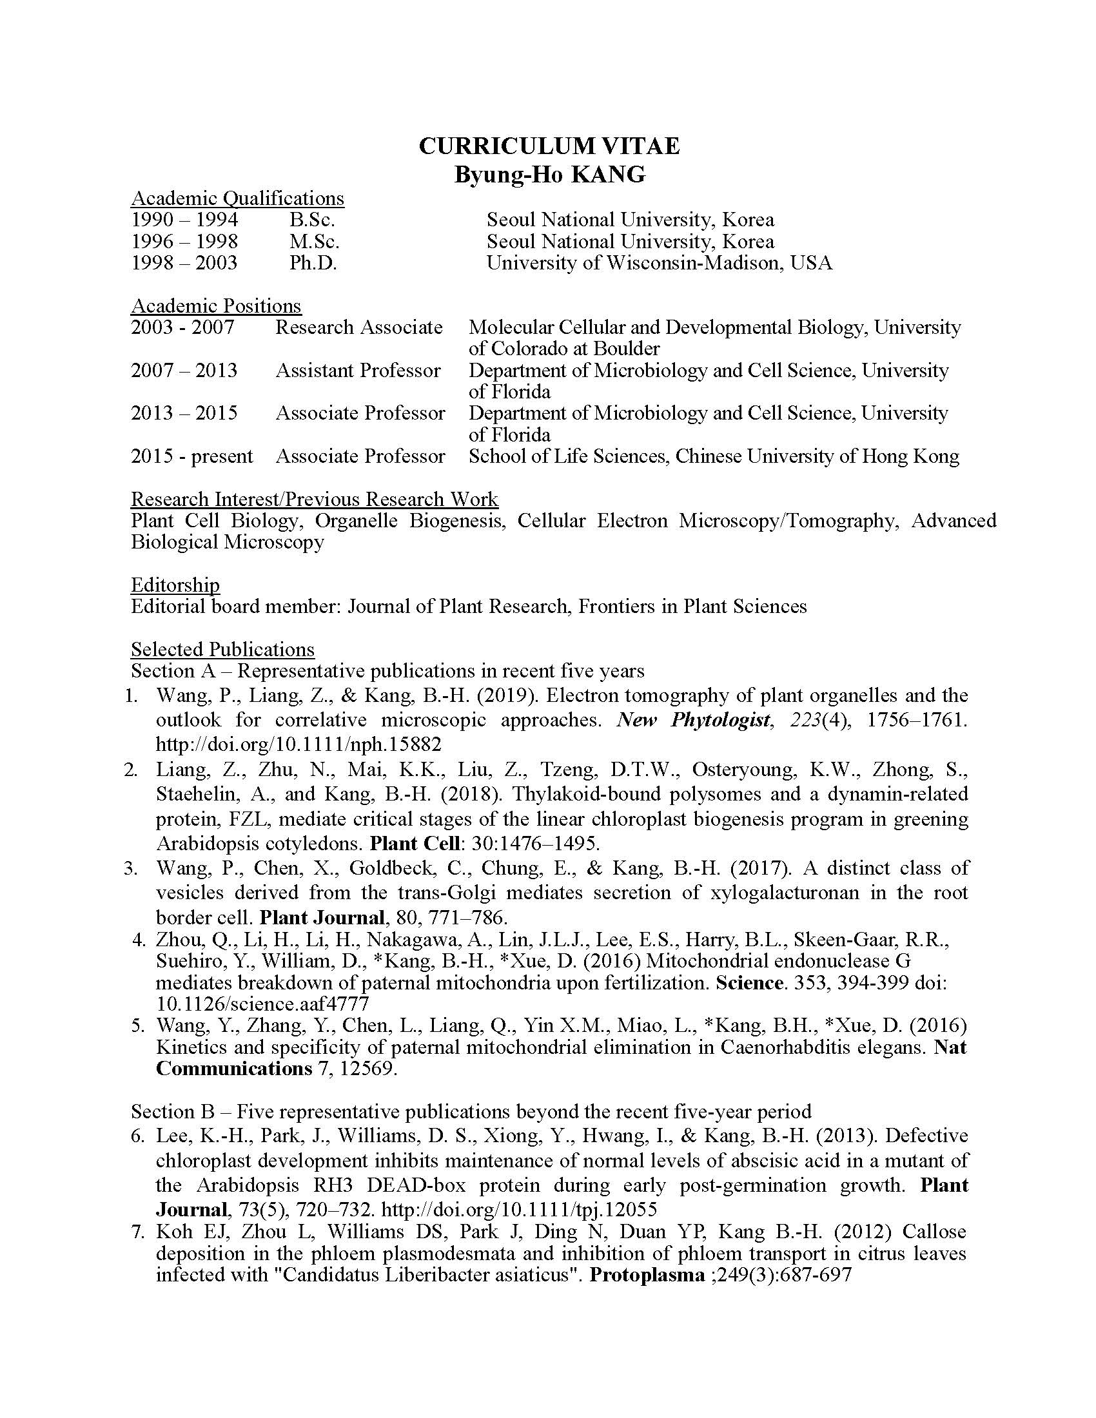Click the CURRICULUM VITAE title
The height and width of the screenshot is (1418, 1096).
549,146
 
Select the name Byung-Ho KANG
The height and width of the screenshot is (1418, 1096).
549,175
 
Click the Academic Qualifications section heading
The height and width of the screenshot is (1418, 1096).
238,198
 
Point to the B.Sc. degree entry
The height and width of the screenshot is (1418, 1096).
312,219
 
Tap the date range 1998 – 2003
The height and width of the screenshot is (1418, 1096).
184,263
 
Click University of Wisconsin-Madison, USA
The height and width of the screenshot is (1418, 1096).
659,263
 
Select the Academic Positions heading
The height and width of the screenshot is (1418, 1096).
216,306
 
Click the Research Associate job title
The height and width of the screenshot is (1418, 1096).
358,327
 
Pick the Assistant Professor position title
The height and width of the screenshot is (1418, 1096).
358,371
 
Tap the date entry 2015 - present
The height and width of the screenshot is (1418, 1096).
191,456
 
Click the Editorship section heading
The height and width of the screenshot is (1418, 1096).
175,585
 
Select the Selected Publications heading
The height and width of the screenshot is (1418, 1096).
222,649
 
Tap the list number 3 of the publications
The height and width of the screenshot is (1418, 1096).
131,868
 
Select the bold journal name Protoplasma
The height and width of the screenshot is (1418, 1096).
647,1274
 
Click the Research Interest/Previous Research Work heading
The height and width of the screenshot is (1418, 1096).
315,500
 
